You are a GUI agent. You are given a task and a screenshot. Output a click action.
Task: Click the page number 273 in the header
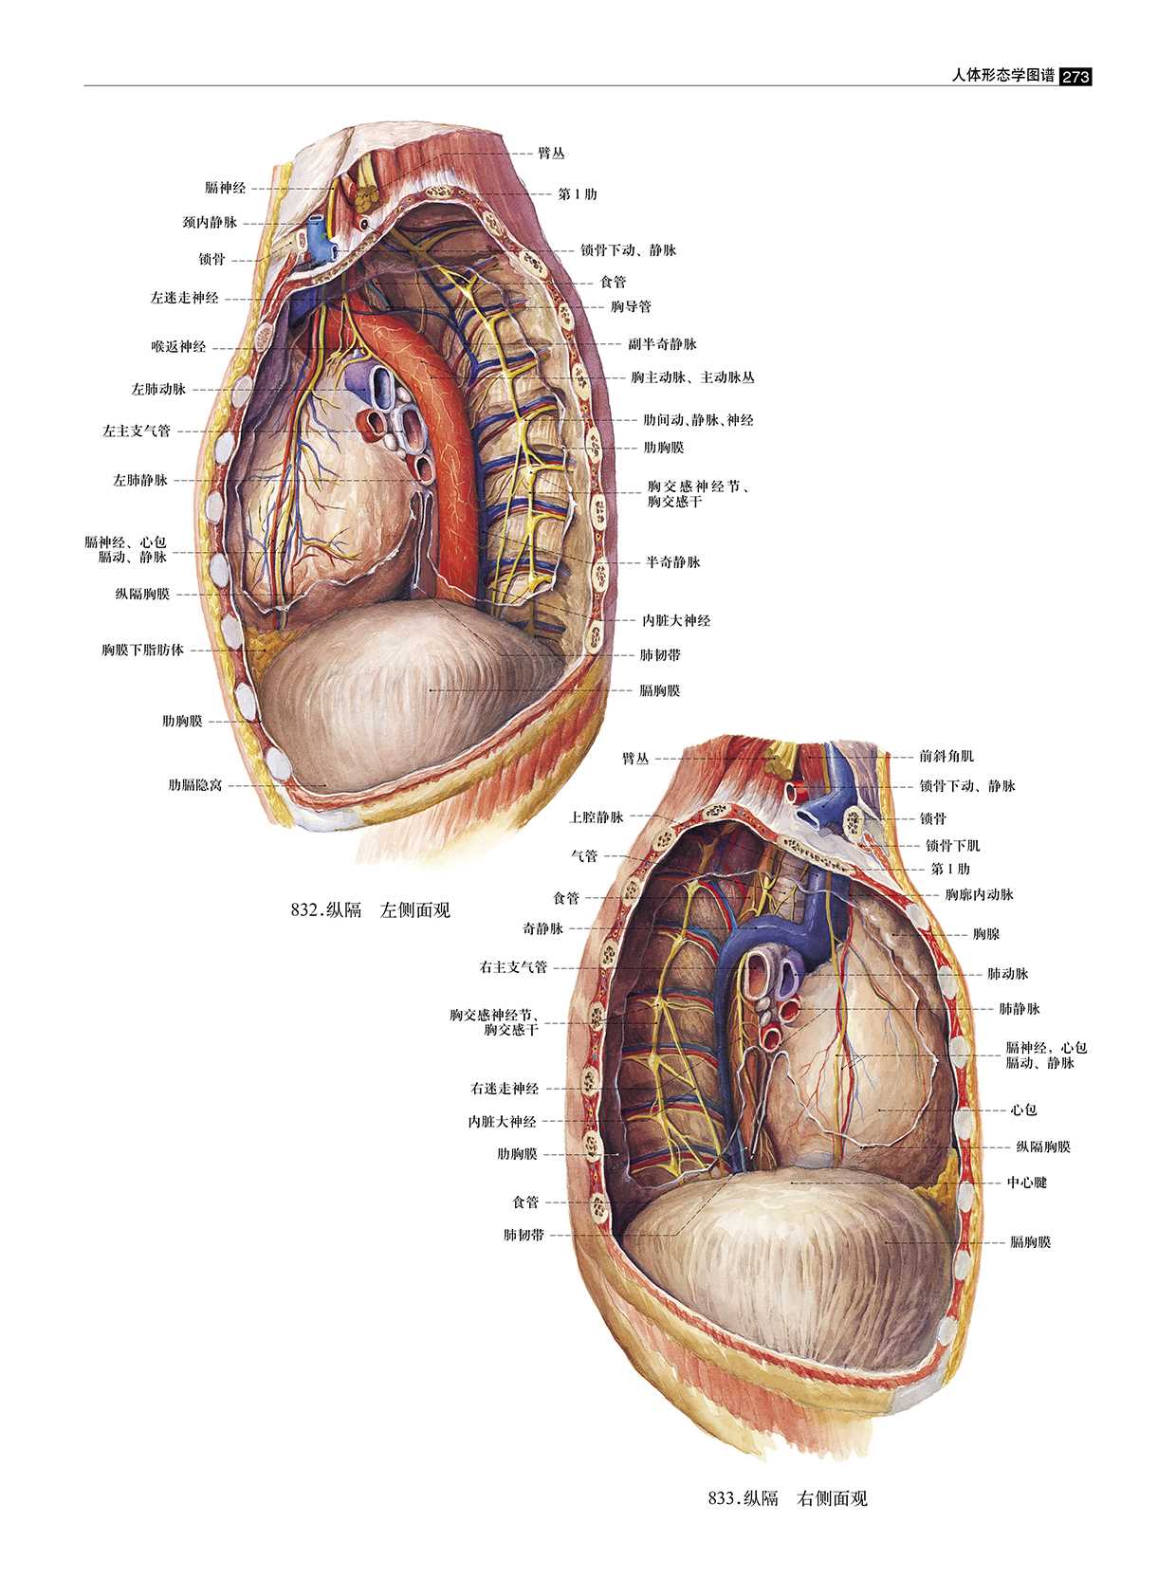pos(1075,76)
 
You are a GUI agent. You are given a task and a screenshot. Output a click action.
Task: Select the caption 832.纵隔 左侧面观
pos(371,910)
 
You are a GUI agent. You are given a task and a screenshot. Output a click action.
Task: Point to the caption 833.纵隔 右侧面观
pos(788,1498)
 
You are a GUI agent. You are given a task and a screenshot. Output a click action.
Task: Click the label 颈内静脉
pos(210,223)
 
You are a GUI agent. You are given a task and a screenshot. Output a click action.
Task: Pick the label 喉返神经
pos(178,346)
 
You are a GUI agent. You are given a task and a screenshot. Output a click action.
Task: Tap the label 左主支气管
pos(137,431)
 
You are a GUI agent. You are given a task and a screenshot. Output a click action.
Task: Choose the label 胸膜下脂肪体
pos(143,651)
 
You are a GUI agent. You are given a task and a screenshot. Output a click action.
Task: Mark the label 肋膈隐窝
pos(195,785)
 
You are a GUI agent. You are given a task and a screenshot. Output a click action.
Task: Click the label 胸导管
pos(631,307)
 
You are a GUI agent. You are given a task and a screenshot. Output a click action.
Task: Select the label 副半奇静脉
pos(662,344)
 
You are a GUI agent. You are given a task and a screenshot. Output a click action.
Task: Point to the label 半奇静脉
pos(672,562)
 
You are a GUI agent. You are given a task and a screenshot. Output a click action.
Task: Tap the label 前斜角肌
pos(946,756)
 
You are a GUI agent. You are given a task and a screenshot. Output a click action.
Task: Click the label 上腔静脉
pos(597,816)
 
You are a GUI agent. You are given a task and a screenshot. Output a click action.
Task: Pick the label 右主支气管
pos(513,968)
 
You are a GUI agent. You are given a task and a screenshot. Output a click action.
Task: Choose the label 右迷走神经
pos(505,1089)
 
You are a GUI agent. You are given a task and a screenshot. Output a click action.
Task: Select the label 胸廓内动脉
pos(979,894)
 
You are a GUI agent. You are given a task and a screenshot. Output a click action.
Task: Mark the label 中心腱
pos(1027,1183)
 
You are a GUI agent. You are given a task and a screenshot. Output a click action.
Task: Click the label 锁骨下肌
pos(953,845)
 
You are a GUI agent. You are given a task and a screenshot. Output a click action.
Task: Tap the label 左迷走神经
pos(184,298)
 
